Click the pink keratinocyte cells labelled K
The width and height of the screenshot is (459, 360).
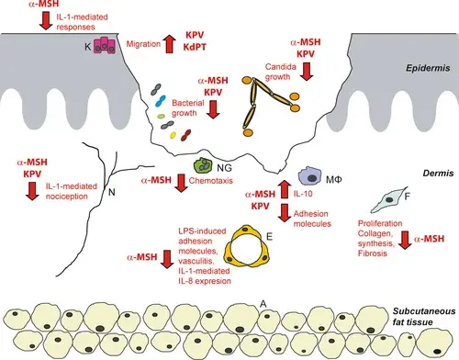(x=105, y=45)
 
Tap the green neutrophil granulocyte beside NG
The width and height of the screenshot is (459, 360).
(x=203, y=165)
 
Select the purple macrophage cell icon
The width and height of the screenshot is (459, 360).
(x=310, y=176)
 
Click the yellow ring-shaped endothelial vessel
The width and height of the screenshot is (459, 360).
(x=248, y=245)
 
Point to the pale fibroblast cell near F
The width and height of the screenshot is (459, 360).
(x=388, y=200)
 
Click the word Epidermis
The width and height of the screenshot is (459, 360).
(x=428, y=68)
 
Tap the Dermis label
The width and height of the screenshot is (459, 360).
(x=438, y=174)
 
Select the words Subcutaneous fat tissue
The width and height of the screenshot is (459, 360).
(x=424, y=317)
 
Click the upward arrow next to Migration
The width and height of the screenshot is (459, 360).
(x=169, y=43)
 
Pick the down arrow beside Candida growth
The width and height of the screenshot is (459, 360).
(x=307, y=72)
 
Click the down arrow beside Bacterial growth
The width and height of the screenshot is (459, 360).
(x=213, y=109)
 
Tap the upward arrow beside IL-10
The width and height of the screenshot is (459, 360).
(x=285, y=189)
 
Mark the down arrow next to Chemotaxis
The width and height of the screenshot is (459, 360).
(x=181, y=183)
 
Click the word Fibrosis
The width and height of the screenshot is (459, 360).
(x=373, y=253)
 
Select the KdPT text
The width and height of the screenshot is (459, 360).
(x=195, y=47)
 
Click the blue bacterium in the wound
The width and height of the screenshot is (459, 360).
(x=160, y=101)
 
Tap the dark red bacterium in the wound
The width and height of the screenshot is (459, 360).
(x=185, y=135)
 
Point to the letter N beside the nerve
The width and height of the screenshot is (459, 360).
(x=112, y=192)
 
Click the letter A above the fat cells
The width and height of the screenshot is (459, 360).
(x=263, y=304)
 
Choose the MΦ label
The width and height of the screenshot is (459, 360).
(x=333, y=179)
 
